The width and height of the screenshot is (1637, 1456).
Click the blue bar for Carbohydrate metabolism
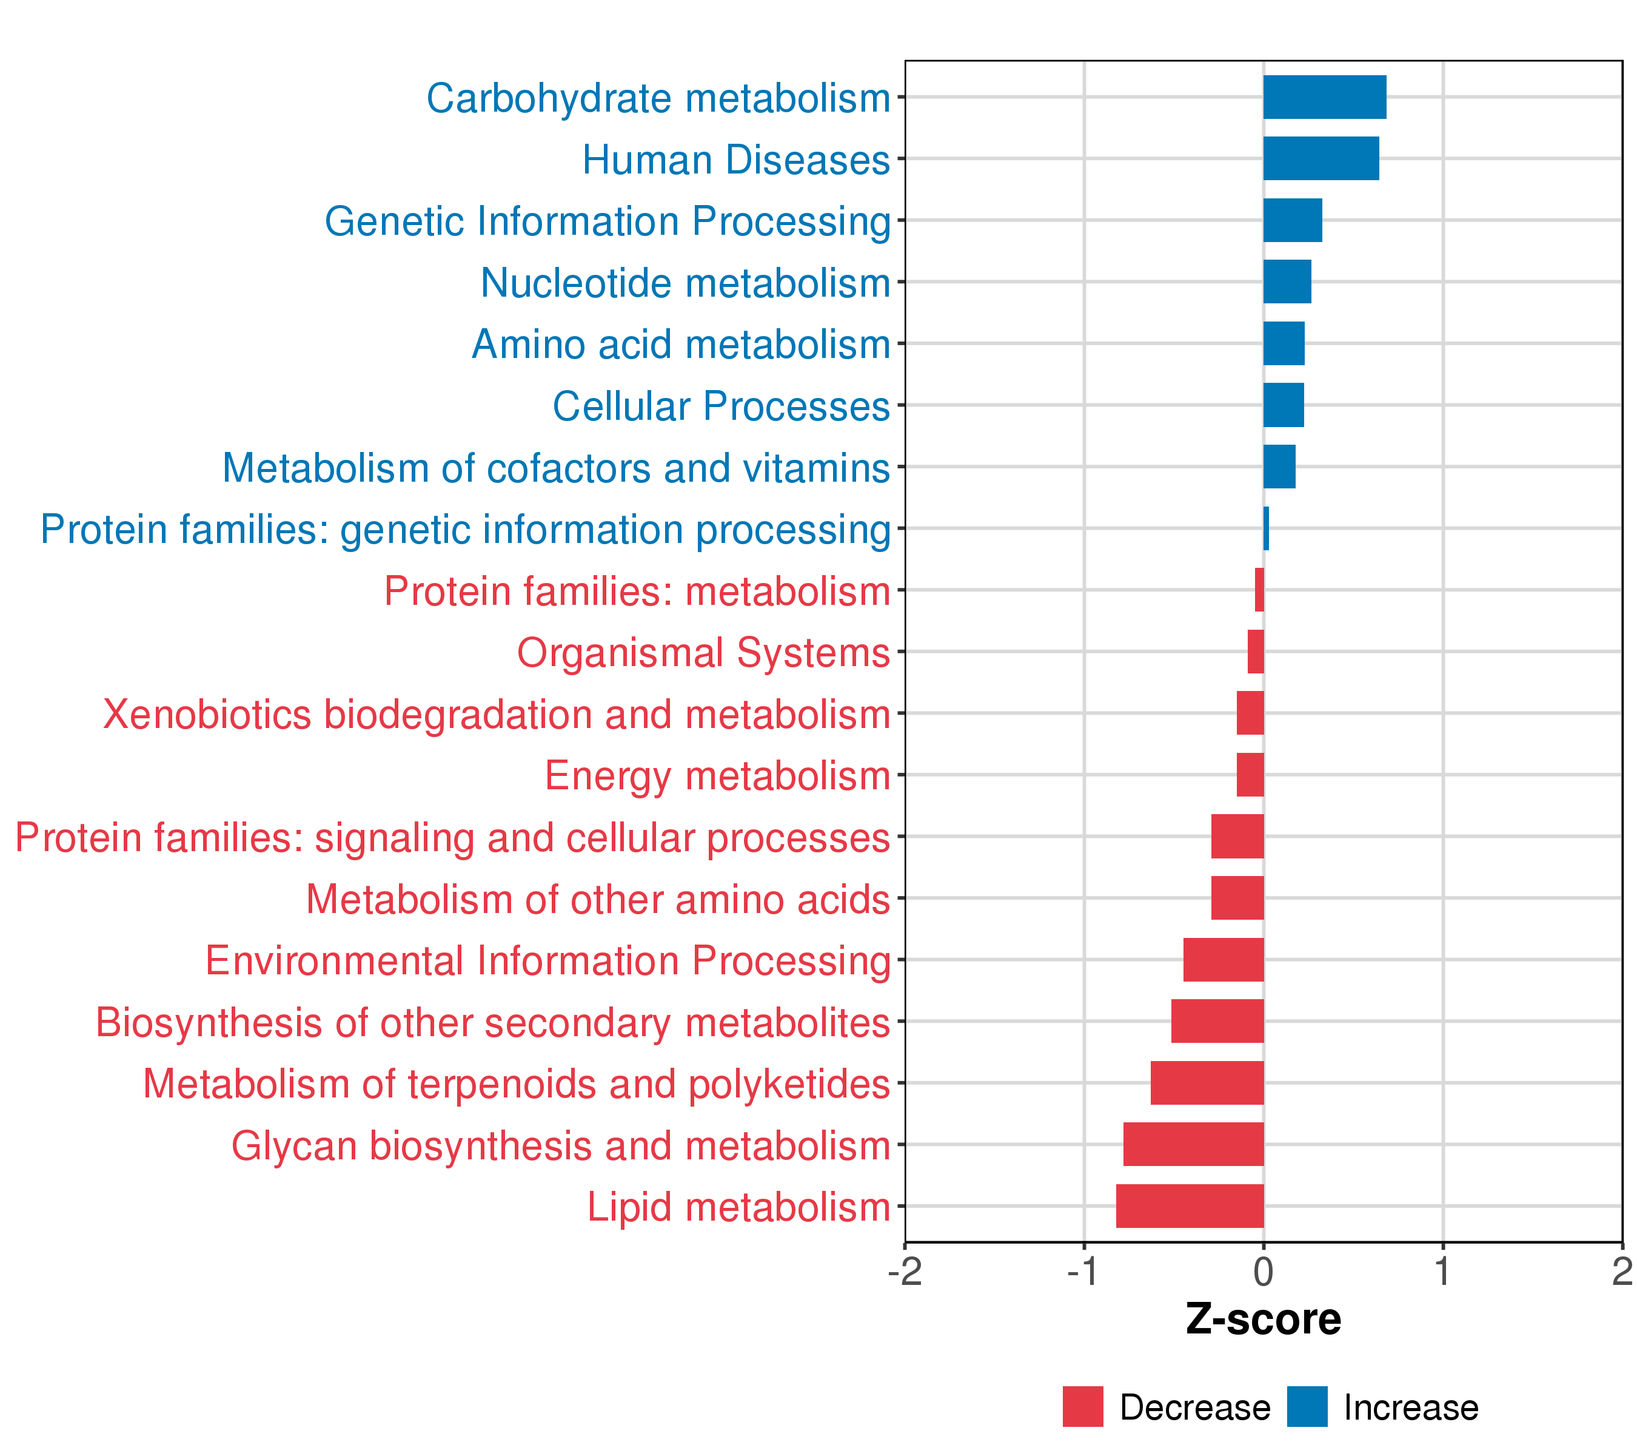click(1324, 97)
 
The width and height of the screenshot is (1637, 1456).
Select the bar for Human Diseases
click(1321, 159)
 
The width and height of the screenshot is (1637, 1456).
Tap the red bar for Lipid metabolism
click(1190, 1205)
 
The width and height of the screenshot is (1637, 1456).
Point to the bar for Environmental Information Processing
click(1223, 959)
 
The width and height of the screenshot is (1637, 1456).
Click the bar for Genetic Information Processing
click(1292, 220)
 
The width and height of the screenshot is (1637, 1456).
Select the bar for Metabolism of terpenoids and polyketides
click(1207, 1082)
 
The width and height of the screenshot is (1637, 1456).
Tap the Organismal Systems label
click(703, 652)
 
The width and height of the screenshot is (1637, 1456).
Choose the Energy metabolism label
click(718, 776)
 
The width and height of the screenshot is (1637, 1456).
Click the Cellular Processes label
click(721, 406)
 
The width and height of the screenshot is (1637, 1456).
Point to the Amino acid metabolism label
click(681, 345)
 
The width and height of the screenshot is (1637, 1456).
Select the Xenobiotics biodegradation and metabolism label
click(497, 714)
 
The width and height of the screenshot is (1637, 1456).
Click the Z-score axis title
click(1263, 1319)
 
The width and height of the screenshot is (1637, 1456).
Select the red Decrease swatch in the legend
click(1083, 1407)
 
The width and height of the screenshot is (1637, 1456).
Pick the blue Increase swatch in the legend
click(1307, 1407)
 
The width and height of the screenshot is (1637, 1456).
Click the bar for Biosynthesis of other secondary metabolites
click(1217, 1021)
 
